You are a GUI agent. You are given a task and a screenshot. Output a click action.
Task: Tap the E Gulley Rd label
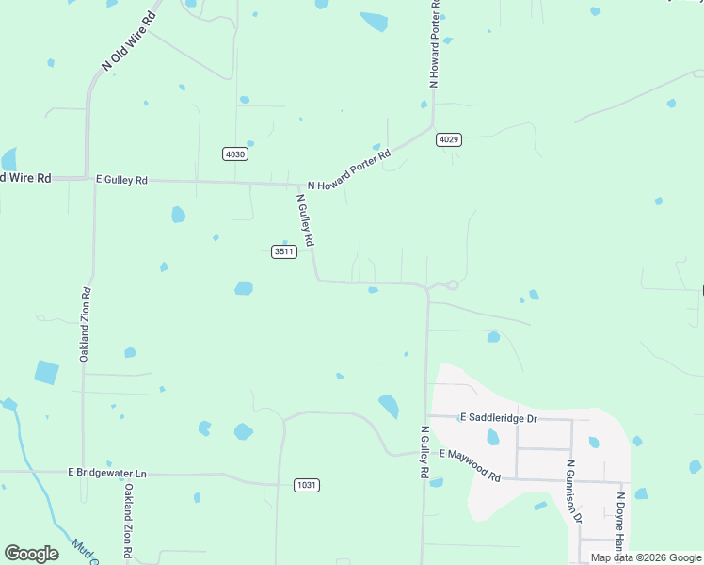coord(122,179)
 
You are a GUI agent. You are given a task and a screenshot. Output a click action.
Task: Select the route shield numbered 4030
coord(235,153)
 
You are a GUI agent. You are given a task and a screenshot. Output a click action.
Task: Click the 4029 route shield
coord(449,139)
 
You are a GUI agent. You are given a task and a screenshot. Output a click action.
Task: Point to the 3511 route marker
coord(284,250)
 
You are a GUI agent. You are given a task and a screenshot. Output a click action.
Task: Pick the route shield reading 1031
coord(307,485)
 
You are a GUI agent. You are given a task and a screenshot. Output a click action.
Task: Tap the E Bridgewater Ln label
coord(108,472)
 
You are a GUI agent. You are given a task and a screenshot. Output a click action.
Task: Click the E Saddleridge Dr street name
coord(498,417)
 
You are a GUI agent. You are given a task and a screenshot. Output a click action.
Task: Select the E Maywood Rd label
coord(468,465)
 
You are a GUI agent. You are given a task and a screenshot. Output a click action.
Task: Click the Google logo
coord(31,554)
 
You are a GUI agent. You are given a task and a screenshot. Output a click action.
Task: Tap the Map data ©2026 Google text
coord(647,557)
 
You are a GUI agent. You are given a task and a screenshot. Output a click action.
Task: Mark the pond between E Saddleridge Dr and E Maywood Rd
coord(492,438)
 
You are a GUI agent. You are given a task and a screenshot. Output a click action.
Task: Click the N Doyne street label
coord(620,522)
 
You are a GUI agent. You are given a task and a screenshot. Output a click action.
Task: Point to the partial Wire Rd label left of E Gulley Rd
coord(26,177)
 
